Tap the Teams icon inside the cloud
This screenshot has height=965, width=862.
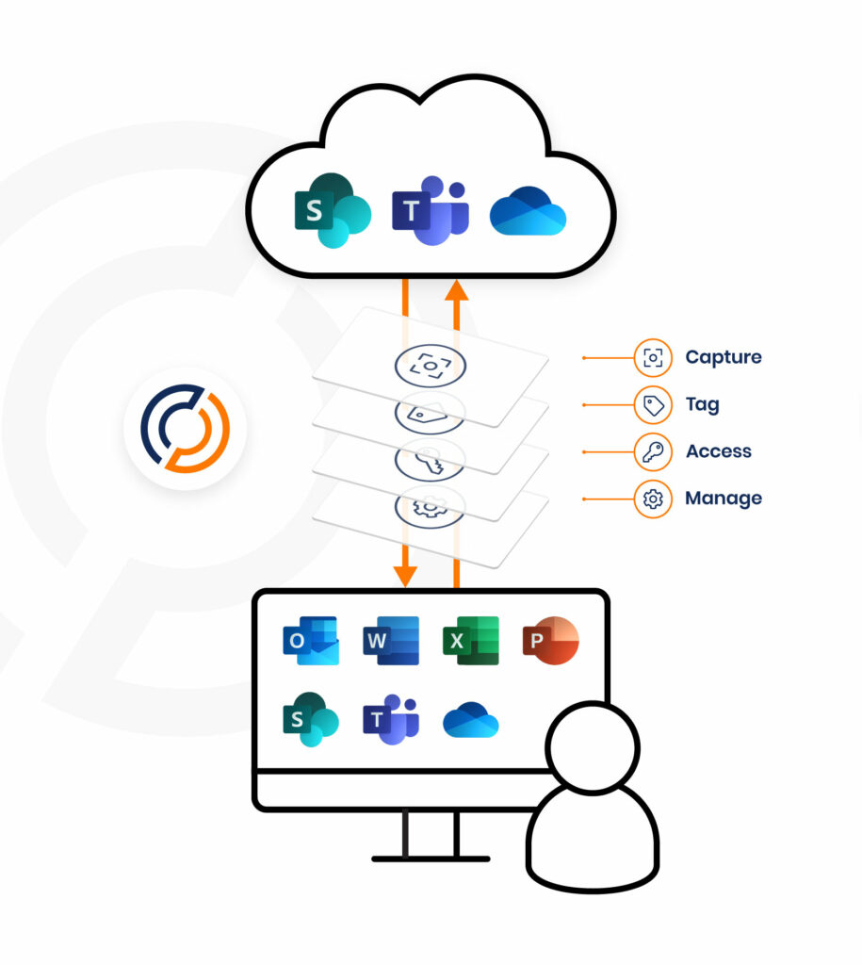point(430,211)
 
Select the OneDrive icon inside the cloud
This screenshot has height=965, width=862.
point(528,214)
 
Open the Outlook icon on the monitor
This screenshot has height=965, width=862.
point(311,642)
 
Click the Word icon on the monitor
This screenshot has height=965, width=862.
point(390,642)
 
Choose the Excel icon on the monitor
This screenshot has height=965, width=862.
point(470,642)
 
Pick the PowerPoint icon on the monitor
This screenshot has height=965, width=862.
point(550,641)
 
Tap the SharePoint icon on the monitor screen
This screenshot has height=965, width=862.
point(311,720)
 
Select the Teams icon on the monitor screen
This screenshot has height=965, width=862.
point(390,720)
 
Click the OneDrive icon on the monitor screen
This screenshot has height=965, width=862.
point(470,721)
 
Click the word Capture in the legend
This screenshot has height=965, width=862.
point(723,357)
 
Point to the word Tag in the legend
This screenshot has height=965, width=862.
point(702,404)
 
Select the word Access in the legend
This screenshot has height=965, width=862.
point(718,451)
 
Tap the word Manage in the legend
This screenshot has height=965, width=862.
point(723,499)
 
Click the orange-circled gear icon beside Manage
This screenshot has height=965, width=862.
point(653,499)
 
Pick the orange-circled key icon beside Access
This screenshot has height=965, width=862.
point(653,451)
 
